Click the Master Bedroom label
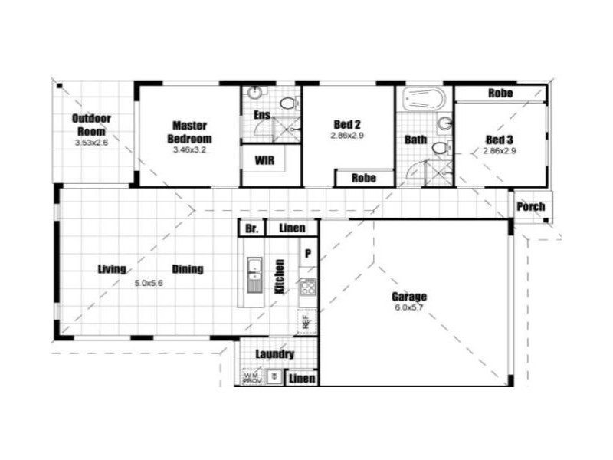pos(190,132)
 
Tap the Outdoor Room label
pos(91,124)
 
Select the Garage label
pos(409,297)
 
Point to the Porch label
pos(530,206)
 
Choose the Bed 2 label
pos(347,123)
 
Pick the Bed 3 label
pos(499,140)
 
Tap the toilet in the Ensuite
pos(288,103)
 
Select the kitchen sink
pos(254,274)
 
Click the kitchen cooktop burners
pos(308,287)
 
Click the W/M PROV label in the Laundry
pos(251,377)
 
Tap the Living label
pos(112,269)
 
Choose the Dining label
pos(187,269)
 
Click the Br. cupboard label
pos(251,228)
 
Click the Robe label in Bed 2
pos(363,178)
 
